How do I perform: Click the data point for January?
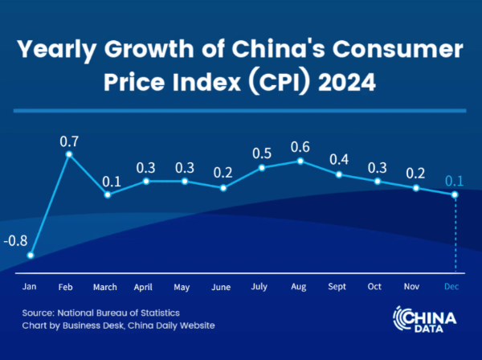(x=31, y=256)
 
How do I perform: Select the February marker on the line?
(x=69, y=153)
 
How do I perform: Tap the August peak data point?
(x=300, y=161)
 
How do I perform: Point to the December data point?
(x=455, y=194)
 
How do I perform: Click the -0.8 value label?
(x=16, y=240)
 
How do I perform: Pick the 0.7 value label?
(x=69, y=140)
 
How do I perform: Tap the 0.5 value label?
(x=262, y=153)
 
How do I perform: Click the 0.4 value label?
(x=339, y=159)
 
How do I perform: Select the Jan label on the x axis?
(x=30, y=287)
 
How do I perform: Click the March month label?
(x=104, y=287)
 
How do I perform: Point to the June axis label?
(x=221, y=287)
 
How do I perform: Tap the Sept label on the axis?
(x=338, y=287)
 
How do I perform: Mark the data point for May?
(x=185, y=181)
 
